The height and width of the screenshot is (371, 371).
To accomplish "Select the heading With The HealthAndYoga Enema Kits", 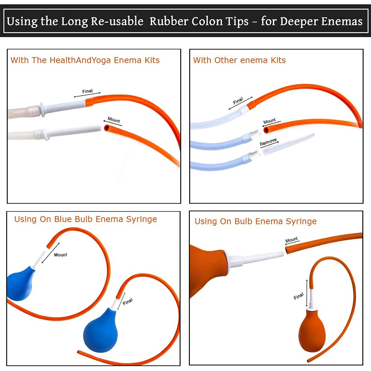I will pyautogui.click(x=85, y=60).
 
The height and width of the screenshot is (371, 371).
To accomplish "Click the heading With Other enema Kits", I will pyautogui.click(x=239, y=60).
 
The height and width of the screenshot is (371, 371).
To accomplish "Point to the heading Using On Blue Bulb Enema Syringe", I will pyautogui.click(x=85, y=219).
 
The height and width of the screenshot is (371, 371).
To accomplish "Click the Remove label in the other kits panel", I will pyautogui.click(x=268, y=142).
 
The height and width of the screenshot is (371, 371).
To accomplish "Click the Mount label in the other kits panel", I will pyautogui.click(x=270, y=121).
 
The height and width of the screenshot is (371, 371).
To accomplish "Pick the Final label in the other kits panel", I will pyautogui.click(x=238, y=101).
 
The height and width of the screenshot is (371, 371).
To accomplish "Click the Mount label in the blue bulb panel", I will pyautogui.click(x=60, y=255).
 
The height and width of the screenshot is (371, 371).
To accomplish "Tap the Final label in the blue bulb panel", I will pyautogui.click(x=127, y=301).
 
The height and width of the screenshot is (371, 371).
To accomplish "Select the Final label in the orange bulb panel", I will pyautogui.click(x=299, y=296).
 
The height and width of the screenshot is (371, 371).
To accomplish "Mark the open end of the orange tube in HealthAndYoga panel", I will pyautogui.click(x=107, y=128).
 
